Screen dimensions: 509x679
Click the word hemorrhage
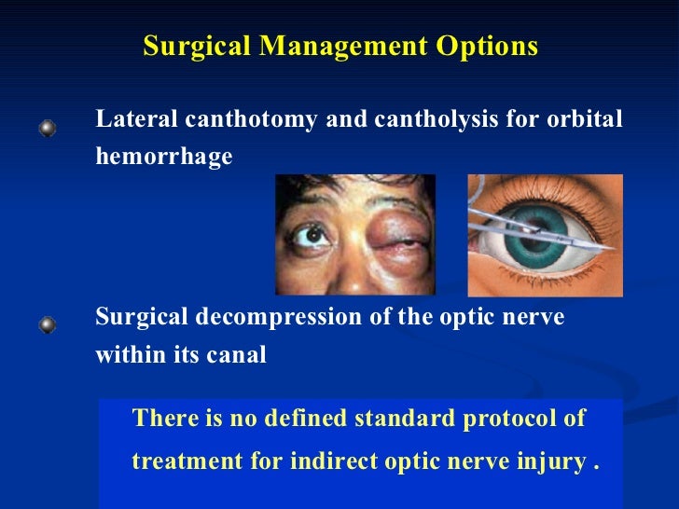[x=163, y=157]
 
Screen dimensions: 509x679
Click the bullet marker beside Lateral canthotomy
[x=47, y=129]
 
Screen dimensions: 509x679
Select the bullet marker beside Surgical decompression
[x=47, y=325]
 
